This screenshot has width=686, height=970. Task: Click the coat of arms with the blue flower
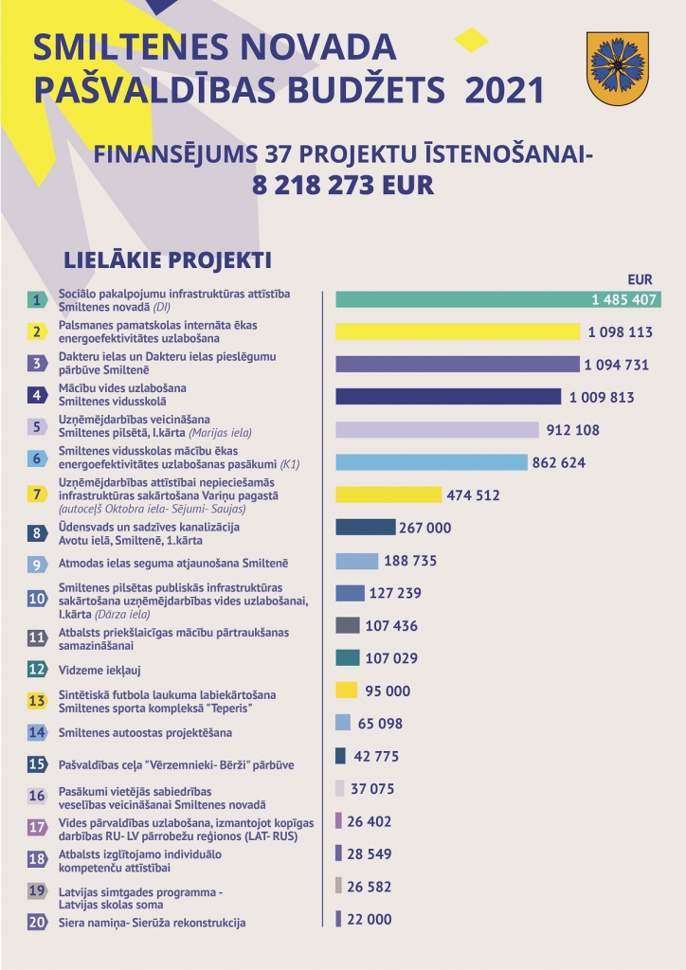(617, 68)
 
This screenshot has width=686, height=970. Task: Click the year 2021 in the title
(504, 90)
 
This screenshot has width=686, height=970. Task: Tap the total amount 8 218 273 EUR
(343, 185)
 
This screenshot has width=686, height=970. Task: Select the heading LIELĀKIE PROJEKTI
(168, 260)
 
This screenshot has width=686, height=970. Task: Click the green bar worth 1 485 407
(498, 299)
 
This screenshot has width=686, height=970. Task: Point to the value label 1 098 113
(620, 332)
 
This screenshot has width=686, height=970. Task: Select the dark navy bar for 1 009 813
(448, 397)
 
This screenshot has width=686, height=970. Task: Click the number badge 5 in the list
(37, 426)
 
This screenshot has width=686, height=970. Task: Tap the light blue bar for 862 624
(431, 462)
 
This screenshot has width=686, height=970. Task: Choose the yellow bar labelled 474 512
(388, 494)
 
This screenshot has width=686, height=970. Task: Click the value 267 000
(425, 528)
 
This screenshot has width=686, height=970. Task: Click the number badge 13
(37, 700)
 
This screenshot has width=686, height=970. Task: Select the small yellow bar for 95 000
(347, 691)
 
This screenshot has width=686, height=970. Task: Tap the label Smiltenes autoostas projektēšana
(145, 732)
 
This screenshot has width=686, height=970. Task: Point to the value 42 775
(376, 756)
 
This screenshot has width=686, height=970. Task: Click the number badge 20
(37, 922)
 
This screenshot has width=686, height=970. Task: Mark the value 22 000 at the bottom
(370, 919)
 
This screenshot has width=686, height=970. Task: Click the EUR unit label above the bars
(640, 279)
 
